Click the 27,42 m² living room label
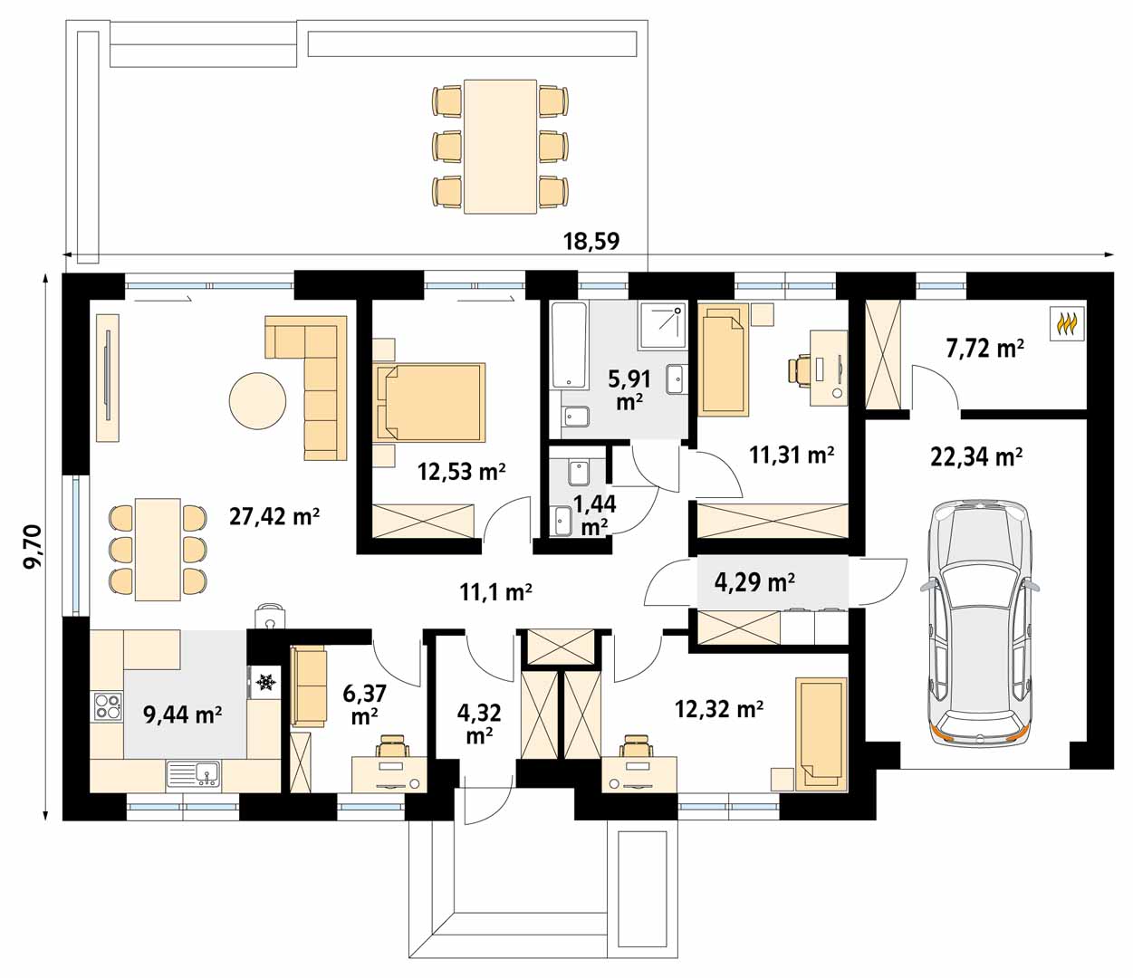pyautogui.click(x=274, y=516)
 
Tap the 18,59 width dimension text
pyautogui.click(x=591, y=241)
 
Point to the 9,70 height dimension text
pyautogui.click(x=33, y=547)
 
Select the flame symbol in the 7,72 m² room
pyautogui.click(x=1067, y=324)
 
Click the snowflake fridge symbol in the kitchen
pyautogui.click(x=266, y=682)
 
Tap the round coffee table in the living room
pyautogui.click(x=257, y=401)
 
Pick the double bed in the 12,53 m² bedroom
pyautogui.click(x=431, y=402)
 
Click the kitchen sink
pyautogui.click(x=194, y=774)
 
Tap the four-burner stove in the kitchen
pyautogui.click(x=107, y=706)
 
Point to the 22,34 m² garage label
pyautogui.click(x=976, y=456)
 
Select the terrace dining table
pyautogui.click(x=500, y=147)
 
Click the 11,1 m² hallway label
pyautogui.click(x=495, y=592)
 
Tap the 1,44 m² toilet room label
pyautogui.click(x=595, y=515)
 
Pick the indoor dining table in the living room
pyautogui.click(x=158, y=550)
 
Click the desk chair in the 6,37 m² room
pyautogui.click(x=391, y=747)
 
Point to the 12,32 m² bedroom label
pyautogui.click(x=718, y=709)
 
